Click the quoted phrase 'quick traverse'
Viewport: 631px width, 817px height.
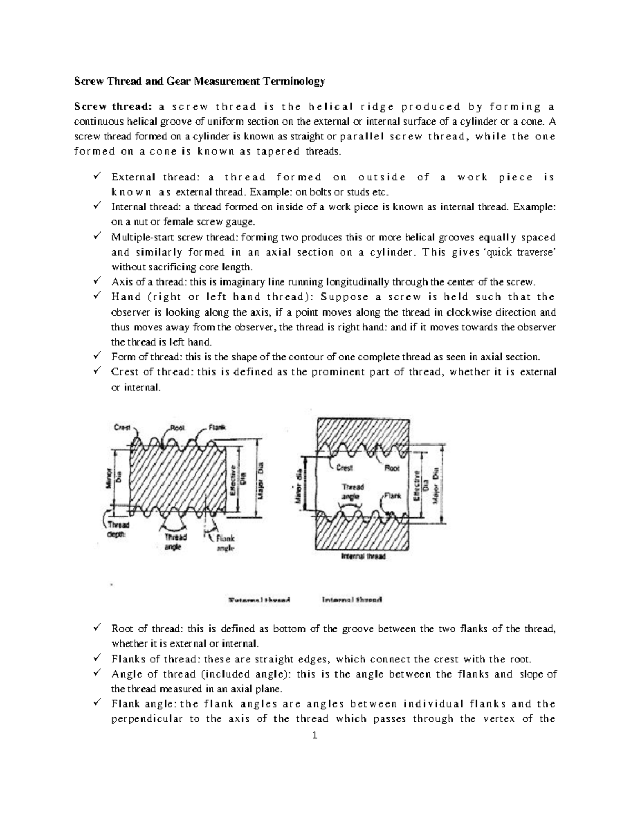click(523, 252)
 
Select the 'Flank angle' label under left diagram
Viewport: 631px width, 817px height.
click(225, 543)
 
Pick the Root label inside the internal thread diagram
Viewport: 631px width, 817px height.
click(392, 468)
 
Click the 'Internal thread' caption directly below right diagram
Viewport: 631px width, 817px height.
click(363, 557)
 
